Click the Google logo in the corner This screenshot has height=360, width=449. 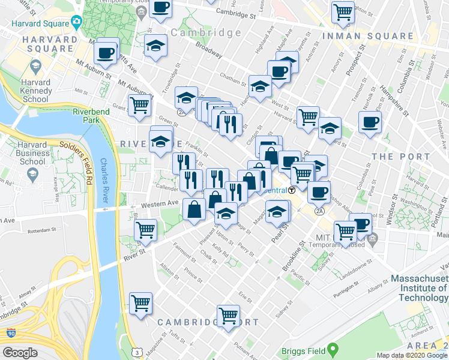click(x=20, y=353)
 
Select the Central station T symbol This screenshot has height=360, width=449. click(x=291, y=190)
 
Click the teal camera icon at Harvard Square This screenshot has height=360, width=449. click(x=76, y=23)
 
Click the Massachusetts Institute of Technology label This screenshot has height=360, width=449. click(x=419, y=288)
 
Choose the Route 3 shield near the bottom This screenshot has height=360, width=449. click(x=137, y=352)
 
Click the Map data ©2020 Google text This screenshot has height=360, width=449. click(x=411, y=355)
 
